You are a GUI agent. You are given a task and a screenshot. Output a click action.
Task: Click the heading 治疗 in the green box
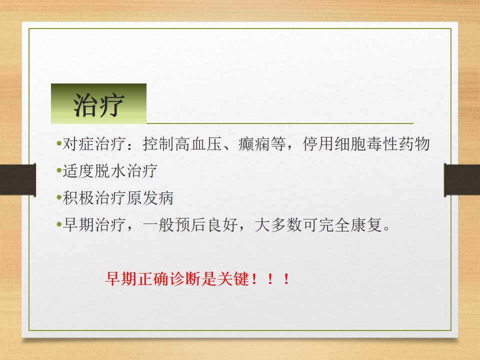98,104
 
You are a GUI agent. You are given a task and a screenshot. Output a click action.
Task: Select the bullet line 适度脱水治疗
109,171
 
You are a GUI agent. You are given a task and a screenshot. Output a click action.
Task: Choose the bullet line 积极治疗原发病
117,198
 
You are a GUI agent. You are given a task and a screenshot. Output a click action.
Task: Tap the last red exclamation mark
286,278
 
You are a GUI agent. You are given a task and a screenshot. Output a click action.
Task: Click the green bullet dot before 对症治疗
58,145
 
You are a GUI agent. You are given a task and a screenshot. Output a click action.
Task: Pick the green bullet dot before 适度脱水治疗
58,171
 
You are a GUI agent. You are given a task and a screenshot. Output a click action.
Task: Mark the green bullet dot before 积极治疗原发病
58,198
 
